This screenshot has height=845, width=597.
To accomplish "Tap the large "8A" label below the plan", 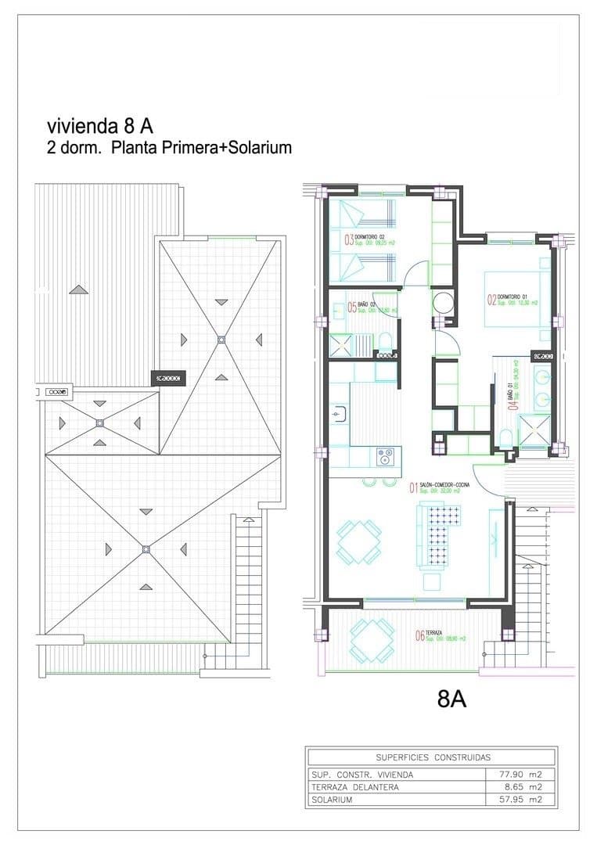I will click(452, 699).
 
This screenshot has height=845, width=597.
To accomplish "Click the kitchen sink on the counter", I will click(340, 412).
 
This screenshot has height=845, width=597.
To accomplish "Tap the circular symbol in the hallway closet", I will click(444, 303).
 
